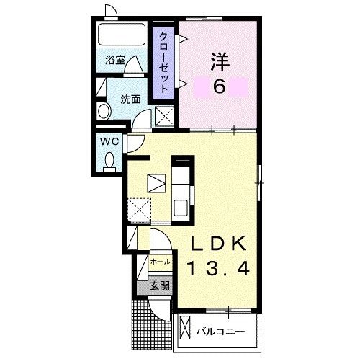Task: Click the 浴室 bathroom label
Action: point(115,60)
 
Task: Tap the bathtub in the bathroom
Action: point(122,34)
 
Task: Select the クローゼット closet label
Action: point(163,63)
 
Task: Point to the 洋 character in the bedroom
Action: point(220,61)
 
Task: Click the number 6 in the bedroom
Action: point(219,86)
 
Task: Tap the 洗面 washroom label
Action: point(130,99)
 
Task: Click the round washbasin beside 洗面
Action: point(104,111)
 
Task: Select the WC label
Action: point(109,141)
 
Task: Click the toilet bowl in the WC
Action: point(109,160)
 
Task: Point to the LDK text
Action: point(218,244)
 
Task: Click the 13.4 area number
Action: point(218,269)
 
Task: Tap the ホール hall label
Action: point(161,262)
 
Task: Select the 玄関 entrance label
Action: point(160,286)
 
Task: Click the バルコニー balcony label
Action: point(220,332)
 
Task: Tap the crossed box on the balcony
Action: point(185,328)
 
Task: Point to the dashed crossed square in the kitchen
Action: point(139,209)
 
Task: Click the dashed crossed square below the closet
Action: point(164,117)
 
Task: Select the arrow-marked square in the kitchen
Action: point(156,183)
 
